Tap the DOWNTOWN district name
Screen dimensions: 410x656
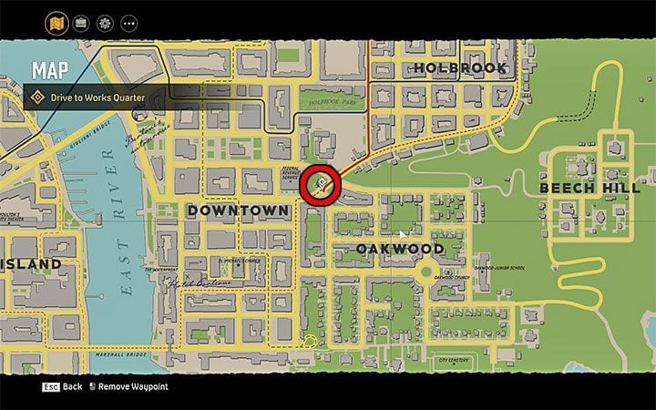click(x=238, y=210)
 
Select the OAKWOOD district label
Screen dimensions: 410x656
click(x=399, y=249)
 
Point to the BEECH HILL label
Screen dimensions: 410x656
click(x=590, y=188)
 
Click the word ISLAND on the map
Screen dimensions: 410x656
click(x=31, y=265)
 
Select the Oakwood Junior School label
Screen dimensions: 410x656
click(x=499, y=268)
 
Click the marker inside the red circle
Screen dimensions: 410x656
click(x=321, y=184)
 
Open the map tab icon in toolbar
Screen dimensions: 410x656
click(x=56, y=22)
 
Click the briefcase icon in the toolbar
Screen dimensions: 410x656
click(x=80, y=22)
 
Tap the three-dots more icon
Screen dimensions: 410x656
click(x=128, y=22)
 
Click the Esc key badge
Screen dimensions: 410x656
click(x=51, y=387)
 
